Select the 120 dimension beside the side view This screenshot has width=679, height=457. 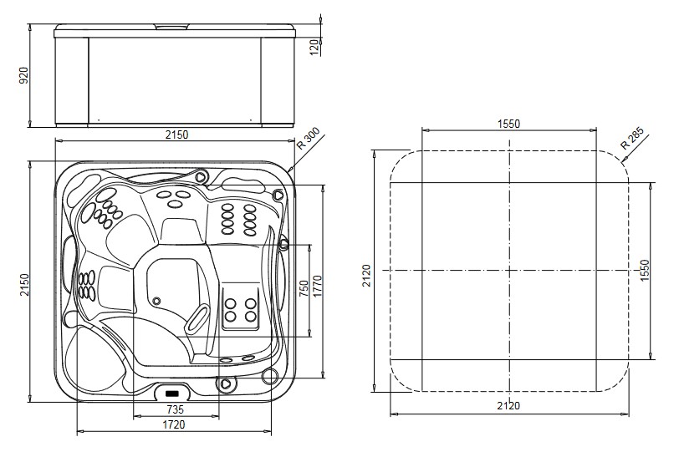314,46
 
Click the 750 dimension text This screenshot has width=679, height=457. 303,288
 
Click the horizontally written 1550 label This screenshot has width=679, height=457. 508,124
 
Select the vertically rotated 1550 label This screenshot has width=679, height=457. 643,270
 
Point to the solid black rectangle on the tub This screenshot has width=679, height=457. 173,391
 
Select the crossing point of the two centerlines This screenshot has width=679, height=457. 509,271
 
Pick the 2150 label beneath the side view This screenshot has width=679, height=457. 174,134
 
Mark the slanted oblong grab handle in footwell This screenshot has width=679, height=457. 197,318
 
